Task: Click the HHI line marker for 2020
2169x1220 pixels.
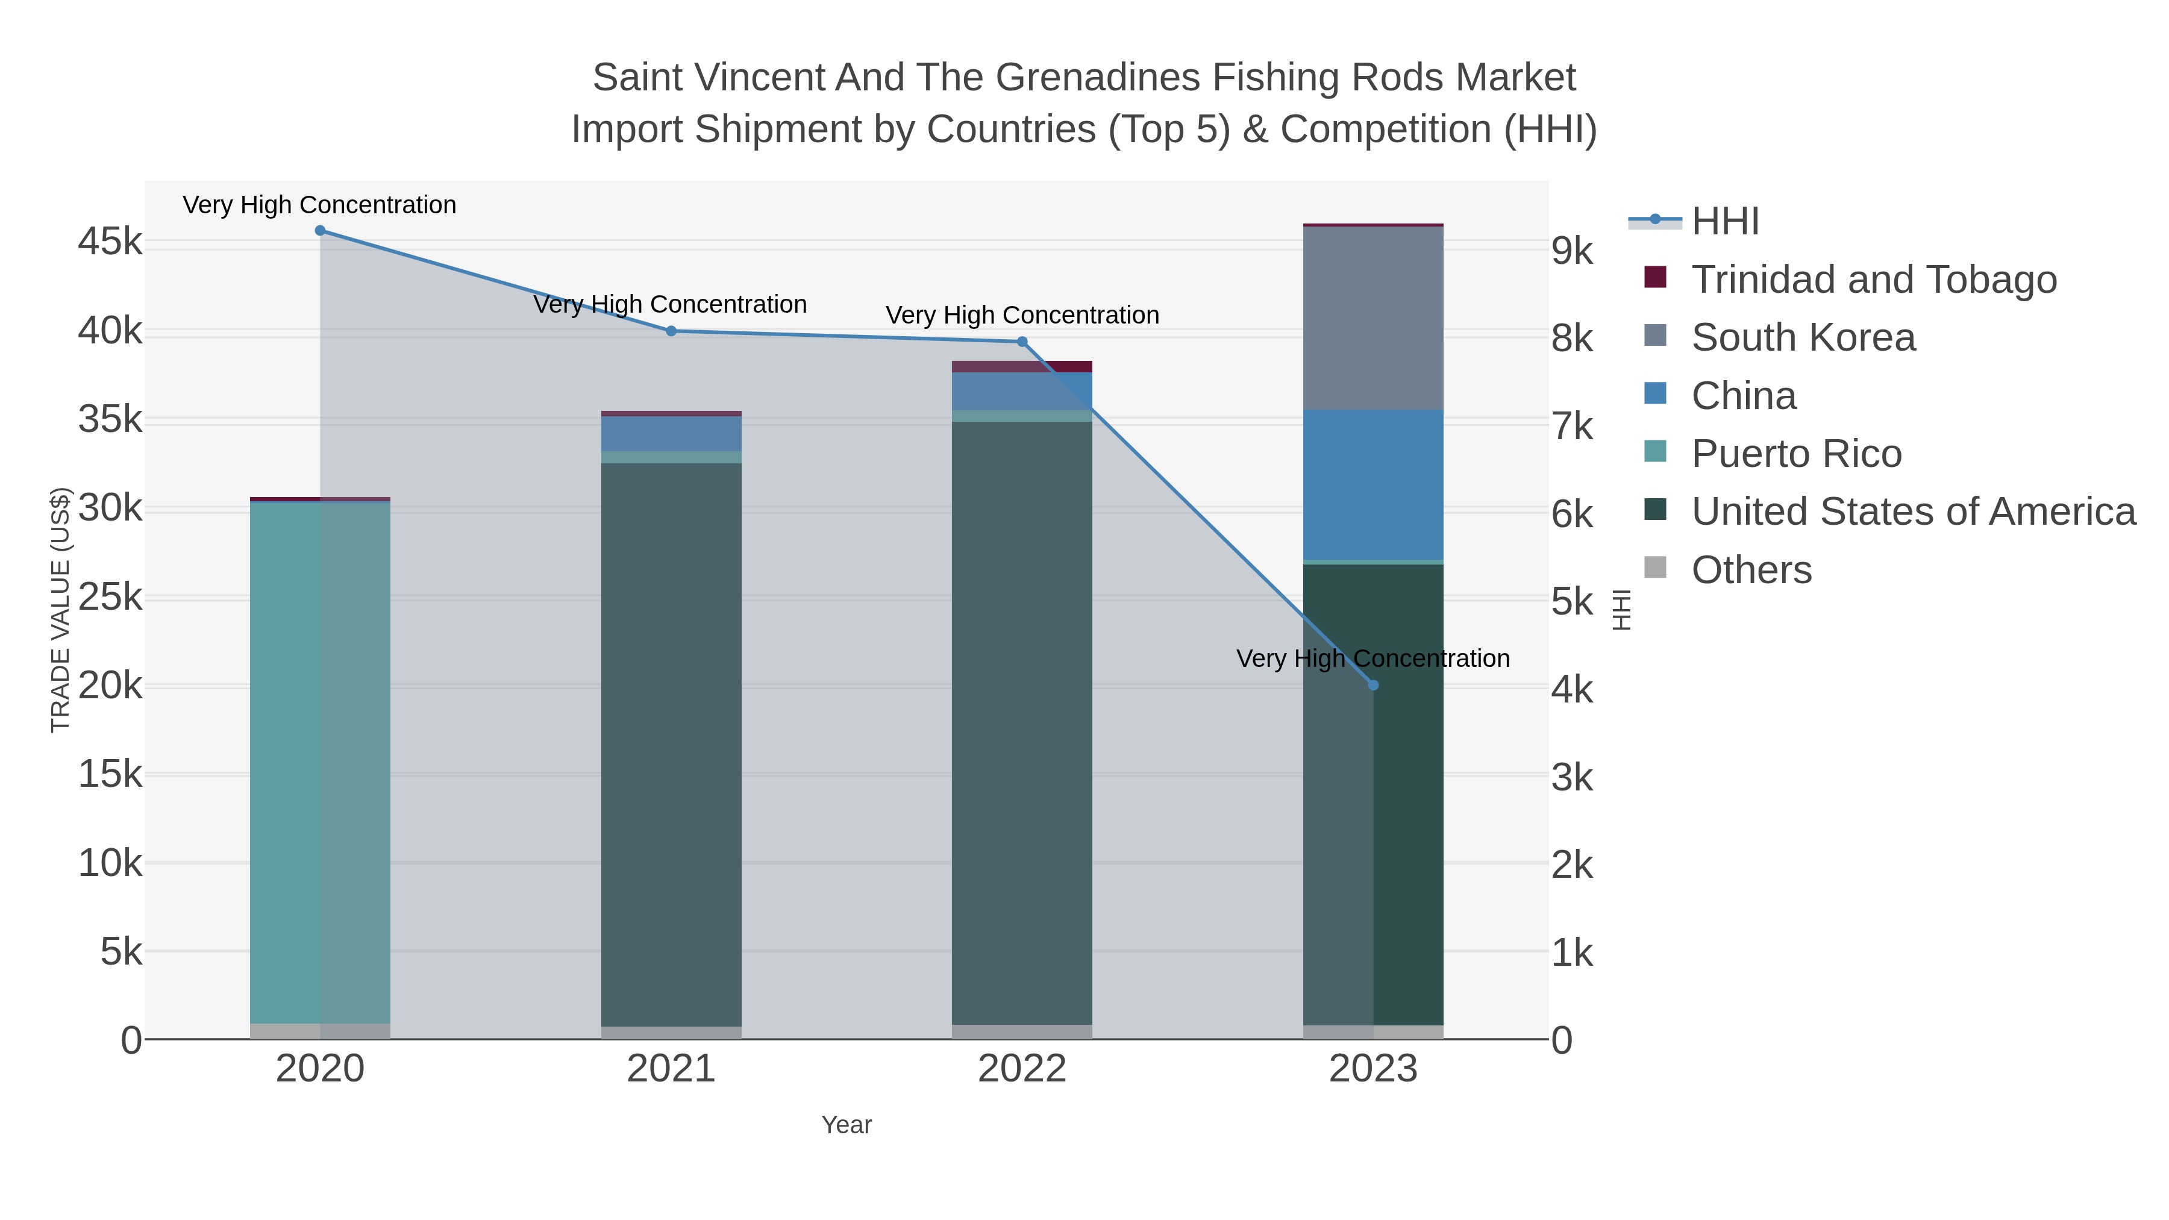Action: (320, 231)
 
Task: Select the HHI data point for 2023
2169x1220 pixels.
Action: (1373, 686)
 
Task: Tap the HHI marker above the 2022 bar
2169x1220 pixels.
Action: (1022, 342)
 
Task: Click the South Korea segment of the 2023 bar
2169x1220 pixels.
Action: (1373, 318)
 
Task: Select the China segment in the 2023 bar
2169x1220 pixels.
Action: (1373, 485)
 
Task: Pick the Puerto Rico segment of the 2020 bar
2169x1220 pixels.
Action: (320, 758)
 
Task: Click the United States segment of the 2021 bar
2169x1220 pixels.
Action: (671, 741)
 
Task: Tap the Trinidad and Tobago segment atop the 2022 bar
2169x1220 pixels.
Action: (1022, 366)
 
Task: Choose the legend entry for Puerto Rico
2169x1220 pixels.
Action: (1796, 454)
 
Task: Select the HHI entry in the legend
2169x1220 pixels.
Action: (1724, 222)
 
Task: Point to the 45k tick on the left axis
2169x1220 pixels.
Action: (110, 242)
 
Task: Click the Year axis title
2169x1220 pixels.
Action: (847, 1125)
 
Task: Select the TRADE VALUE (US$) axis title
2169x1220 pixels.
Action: (61, 610)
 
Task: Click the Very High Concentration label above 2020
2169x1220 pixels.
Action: (320, 205)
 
